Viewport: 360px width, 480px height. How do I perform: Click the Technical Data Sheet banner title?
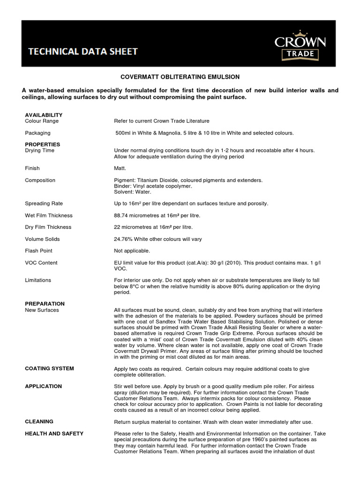click(x=83, y=52)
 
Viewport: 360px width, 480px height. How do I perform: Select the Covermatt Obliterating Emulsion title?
click(x=180, y=76)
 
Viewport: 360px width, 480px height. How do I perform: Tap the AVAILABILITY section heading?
click(x=44, y=115)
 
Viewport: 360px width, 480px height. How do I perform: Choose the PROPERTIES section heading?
click(x=42, y=144)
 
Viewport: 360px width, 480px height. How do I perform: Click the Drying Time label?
click(x=40, y=150)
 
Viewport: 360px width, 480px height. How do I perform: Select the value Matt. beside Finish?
click(x=120, y=168)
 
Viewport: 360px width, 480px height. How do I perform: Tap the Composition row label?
click(x=40, y=180)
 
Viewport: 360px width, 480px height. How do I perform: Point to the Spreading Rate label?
click(x=44, y=203)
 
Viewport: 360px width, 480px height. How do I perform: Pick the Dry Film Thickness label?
click(x=48, y=227)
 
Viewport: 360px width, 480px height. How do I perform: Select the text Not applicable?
click(x=132, y=251)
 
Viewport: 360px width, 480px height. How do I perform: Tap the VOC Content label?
click(x=41, y=262)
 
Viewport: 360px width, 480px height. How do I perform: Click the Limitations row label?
click(x=38, y=280)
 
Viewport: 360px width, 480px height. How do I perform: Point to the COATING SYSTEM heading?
click(x=49, y=368)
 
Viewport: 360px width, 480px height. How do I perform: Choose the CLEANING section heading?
click(x=39, y=421)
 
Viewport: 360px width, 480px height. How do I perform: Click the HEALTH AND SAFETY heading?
click(x=54, y=434)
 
